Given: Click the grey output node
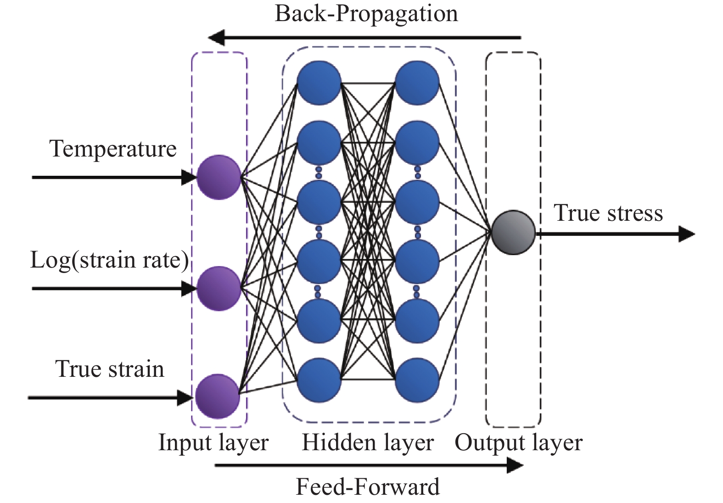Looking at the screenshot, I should pos(513,233).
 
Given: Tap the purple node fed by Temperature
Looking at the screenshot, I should pos(219,177).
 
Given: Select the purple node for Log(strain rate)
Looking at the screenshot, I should pos(219,289).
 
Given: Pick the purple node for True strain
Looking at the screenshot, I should pos(218,397).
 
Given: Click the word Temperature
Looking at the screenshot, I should pos(113,149).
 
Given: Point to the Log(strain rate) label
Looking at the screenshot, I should pos(109,260).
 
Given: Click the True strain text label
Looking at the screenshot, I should pos(110,369).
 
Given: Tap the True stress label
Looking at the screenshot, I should pos(608,213).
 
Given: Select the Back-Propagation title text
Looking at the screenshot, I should pos(366,14).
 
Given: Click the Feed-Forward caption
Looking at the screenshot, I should pos(367,487).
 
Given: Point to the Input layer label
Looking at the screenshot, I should pos(213,443).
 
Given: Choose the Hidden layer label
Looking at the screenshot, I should pos(367,443).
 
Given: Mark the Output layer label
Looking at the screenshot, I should pos(518,443).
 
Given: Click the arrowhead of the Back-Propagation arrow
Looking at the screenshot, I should pos(216,38).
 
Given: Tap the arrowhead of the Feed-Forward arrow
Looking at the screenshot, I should pos(515,466).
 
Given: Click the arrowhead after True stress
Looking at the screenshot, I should pos(687,234).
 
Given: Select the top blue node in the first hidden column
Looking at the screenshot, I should pos(319,83).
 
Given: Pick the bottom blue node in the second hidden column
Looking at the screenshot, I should pos(417,380).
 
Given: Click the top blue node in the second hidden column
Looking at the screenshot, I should pos(417,83).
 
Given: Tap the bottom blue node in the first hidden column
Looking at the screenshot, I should pos(319,380).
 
